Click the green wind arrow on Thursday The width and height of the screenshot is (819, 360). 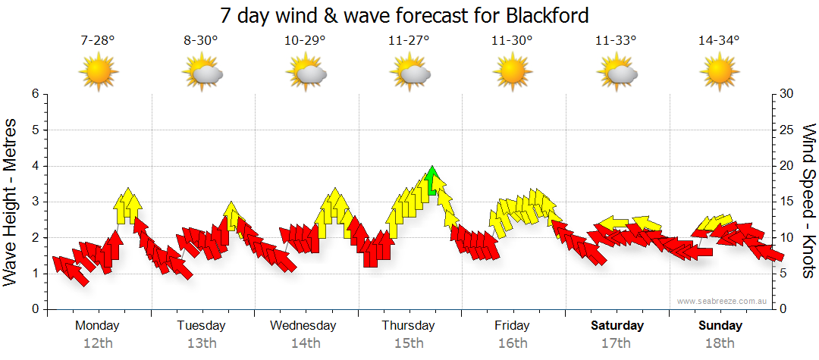432,182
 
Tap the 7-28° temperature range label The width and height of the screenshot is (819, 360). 98,41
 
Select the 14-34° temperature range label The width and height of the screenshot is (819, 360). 718,41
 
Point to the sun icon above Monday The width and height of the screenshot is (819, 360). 99,73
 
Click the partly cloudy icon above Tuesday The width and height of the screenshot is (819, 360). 202,73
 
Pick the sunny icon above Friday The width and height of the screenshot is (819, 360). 512,73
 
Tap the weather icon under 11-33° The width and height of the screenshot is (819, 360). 616,73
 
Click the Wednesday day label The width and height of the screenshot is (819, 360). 303,325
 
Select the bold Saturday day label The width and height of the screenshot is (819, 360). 617,325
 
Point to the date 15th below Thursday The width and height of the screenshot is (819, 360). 409,343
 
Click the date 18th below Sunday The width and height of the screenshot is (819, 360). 720,343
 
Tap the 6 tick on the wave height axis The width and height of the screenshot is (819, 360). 34,94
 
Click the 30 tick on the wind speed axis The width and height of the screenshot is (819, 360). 787,94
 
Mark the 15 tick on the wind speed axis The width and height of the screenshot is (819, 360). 787,202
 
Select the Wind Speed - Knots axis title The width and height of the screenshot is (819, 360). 808,201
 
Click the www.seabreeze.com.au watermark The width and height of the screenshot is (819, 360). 723,301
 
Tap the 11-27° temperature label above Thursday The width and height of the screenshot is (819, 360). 409,41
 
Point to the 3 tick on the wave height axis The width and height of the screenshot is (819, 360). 34,202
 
